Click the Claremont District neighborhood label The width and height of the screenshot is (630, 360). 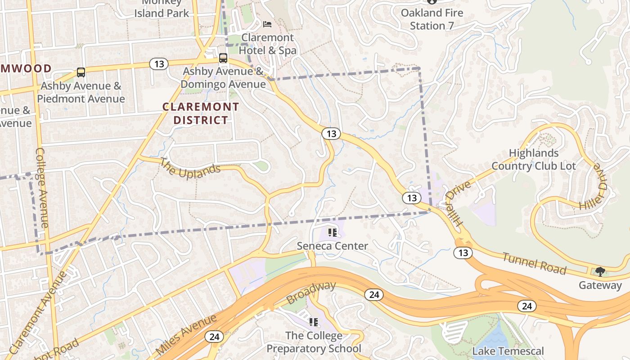tap(201, 113)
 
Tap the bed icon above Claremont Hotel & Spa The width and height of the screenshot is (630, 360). tap(267, 24)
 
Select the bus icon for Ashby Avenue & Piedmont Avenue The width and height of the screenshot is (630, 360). tap(81, 72)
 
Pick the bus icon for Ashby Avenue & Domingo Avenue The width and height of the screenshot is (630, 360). tap(223, 58)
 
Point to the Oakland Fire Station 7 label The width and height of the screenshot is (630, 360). tap(432, 19)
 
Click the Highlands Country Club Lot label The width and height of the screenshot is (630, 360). tap(533, 159)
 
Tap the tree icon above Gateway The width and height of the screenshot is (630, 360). tap(600, 271)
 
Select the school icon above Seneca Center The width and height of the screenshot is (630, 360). tap(333, 233)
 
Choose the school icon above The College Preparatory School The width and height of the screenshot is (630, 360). tap(314, 322)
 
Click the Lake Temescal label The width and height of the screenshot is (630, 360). tap(508, 351)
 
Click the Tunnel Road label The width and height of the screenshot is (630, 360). tap(534, 264)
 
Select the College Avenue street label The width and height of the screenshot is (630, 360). tap(41, 187)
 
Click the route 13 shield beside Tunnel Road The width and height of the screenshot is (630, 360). tap(463, 253)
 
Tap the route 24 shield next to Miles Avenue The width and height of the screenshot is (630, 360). tap(214, 337)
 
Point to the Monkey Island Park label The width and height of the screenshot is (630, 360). tap(162, 9)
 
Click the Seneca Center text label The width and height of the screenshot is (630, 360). tap(333, 246)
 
